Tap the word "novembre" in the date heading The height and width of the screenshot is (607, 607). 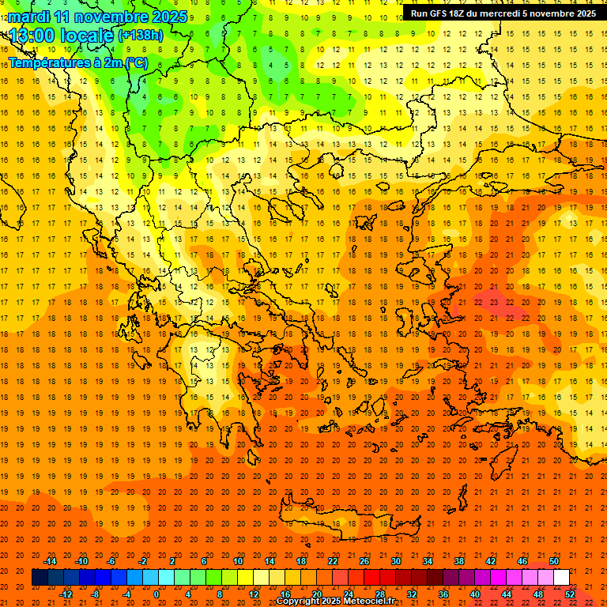[107, 17]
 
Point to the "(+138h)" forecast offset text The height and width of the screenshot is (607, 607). [141, 36]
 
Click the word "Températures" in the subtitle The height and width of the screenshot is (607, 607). [47, 62]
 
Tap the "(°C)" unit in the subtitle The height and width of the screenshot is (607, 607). [135, 62]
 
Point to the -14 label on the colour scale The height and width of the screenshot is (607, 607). [50, 561]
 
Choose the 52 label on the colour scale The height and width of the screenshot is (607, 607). [570, 594]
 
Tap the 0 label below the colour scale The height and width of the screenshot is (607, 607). [156, 594]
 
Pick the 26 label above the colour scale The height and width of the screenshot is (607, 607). [364, 561]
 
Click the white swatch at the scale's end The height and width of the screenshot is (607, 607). [561, 578]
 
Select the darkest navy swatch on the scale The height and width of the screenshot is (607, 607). [40, 578]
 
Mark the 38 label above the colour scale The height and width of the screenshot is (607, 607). [458, 561]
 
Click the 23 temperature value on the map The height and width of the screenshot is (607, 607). [493, 301]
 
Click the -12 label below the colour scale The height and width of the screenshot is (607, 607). [66, 594]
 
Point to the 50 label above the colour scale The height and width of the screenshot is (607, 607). [554, 561]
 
